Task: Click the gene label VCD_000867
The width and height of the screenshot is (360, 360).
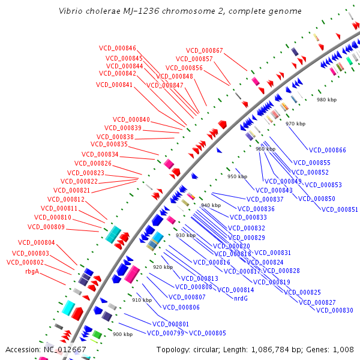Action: (204, 50)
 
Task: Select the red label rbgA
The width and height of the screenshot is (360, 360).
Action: (31, 271)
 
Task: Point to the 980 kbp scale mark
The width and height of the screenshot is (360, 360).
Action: (328, 100)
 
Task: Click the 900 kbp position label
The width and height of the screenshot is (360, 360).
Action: (122, 334)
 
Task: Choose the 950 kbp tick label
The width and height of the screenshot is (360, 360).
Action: (237, 176)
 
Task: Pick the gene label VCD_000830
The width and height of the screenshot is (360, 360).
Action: (334, 310)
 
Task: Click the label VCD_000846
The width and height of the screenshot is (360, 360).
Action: (118, 48)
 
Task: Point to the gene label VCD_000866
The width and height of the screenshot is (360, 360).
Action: (327, 150)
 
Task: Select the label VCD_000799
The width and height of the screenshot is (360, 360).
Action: (165, 333)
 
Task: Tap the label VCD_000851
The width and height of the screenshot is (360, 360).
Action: (340, 209)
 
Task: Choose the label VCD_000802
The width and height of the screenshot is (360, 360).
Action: (25, 262)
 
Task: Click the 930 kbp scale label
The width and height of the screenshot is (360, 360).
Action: (185, 235)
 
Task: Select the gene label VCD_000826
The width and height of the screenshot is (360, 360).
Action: (93, 163)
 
